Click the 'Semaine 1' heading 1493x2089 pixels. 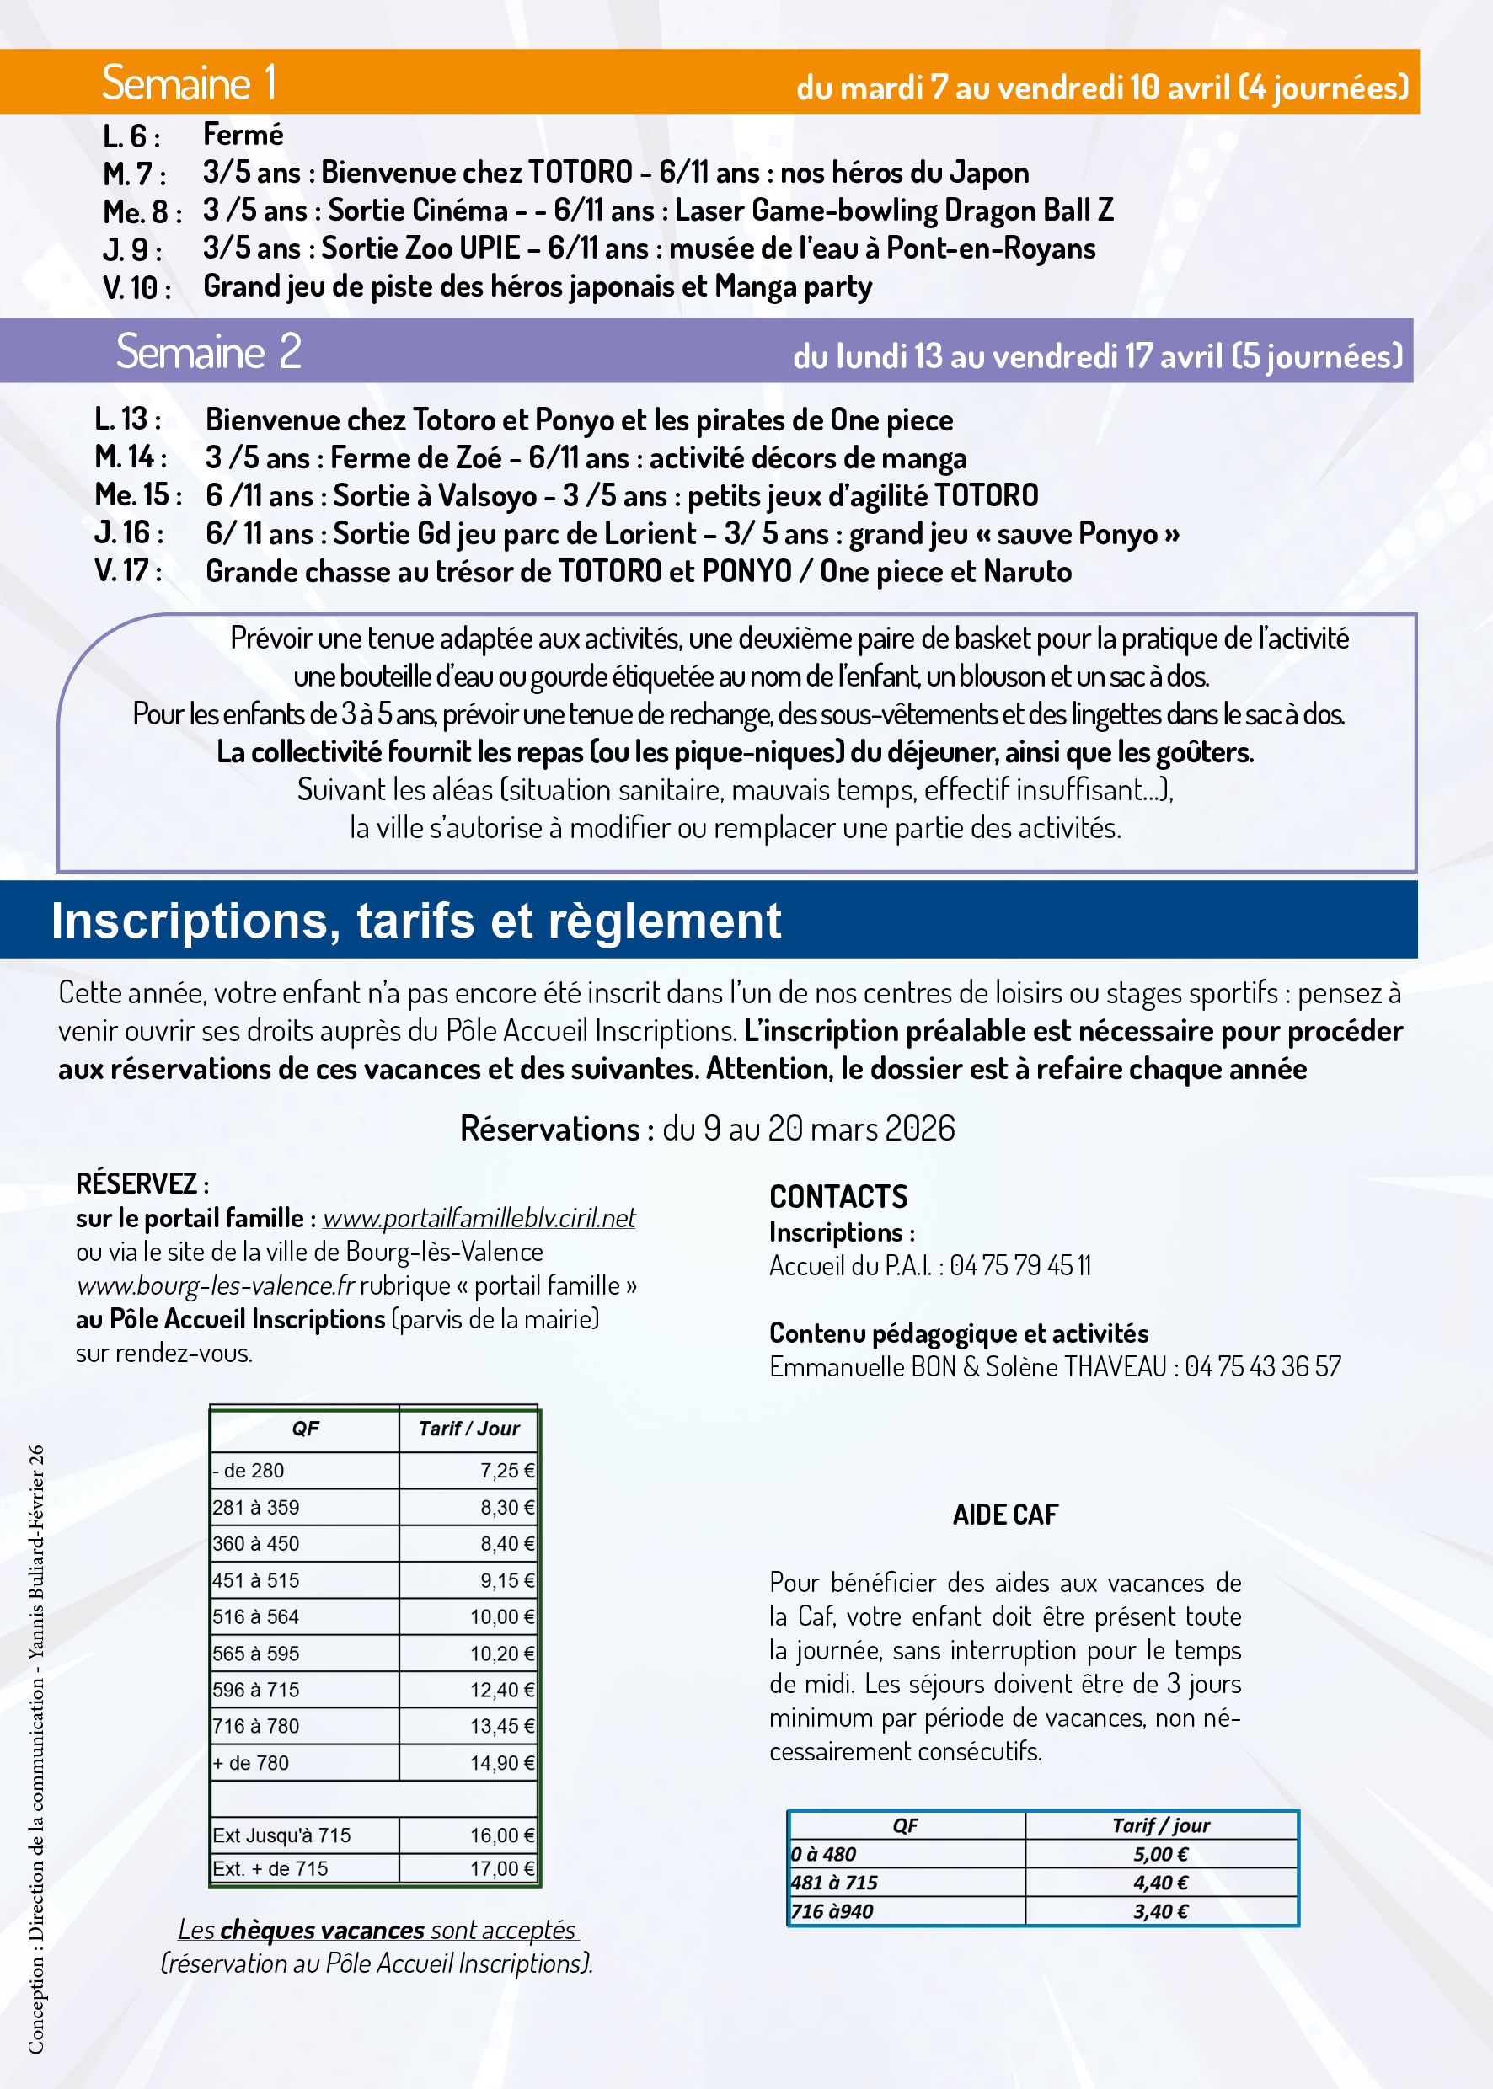[189, 83]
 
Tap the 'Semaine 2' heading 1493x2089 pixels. [209, 351]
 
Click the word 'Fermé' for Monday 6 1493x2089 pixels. [243, 135]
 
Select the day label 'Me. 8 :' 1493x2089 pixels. [142, 212]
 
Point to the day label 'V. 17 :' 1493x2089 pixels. [129, 571]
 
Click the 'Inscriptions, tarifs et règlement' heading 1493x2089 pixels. [415, 921]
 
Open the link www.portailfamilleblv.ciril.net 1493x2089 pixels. [479, 1218]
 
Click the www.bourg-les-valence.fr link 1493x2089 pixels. [216, 1285]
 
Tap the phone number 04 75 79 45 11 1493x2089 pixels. [1020, 1265]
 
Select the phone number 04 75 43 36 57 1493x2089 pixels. [1262, 1366]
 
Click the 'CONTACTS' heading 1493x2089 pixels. [837, 1197]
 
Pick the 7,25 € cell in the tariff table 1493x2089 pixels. [506, 1471]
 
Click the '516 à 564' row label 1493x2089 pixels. [255, 1616]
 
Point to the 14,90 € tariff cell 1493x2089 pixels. [502, 1763]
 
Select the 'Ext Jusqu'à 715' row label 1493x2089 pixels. [281, 1835]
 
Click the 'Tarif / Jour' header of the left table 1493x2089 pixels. [468, 1429]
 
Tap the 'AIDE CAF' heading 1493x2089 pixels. [1005, 1515]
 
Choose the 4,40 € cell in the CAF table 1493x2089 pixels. [1160, 1883]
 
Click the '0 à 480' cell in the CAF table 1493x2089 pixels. [823, 1855]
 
